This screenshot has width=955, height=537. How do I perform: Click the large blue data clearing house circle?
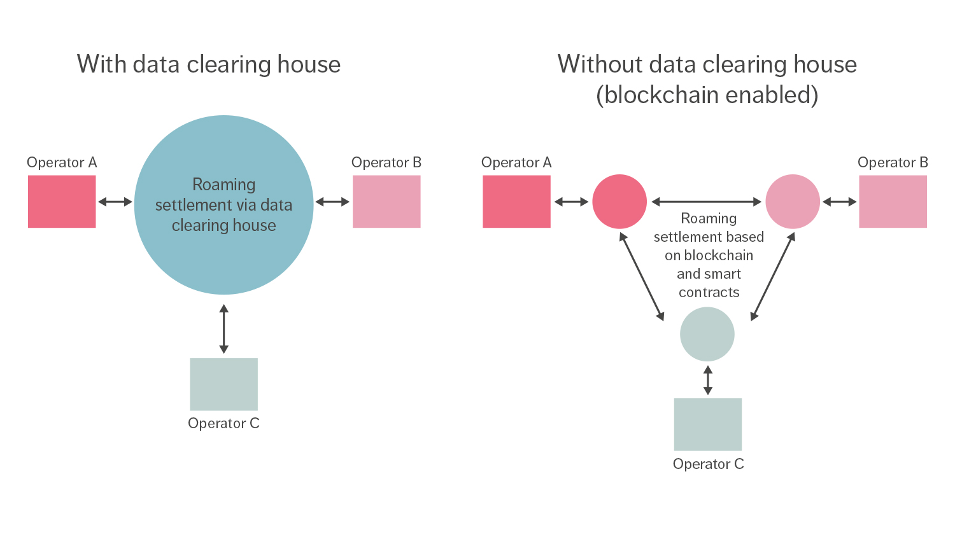click(223, 255)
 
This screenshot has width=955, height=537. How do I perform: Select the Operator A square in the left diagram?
click(62, 202)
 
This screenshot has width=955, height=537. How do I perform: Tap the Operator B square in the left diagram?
click(386, 202)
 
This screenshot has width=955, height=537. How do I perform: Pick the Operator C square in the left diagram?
click(223, 384)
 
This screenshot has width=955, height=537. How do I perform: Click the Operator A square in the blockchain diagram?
click(516, 202)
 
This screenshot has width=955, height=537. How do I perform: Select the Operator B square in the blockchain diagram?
click(893, 202)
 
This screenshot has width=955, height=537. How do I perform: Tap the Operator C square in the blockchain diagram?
click(707, 424)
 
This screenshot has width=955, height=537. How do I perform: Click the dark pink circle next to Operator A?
click(619, 202)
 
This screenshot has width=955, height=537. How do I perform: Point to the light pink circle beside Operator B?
click(793, 202)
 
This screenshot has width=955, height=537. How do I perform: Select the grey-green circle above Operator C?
click(707, 334)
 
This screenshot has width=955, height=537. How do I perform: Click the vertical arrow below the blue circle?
click(223, 329)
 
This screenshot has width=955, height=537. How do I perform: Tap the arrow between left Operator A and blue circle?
click(115, 202)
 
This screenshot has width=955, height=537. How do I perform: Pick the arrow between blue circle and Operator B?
click(332, 202)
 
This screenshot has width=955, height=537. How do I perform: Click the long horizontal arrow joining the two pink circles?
click(706, 202)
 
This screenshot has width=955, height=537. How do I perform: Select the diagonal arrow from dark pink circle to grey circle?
click(642, 276)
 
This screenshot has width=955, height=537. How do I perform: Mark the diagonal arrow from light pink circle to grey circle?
click(773, 276)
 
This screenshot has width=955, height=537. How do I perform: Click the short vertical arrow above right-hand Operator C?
click(707, 380)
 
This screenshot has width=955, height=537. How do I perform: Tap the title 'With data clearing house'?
click(209, 64)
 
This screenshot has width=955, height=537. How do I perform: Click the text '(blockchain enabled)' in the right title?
click(707, 95)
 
